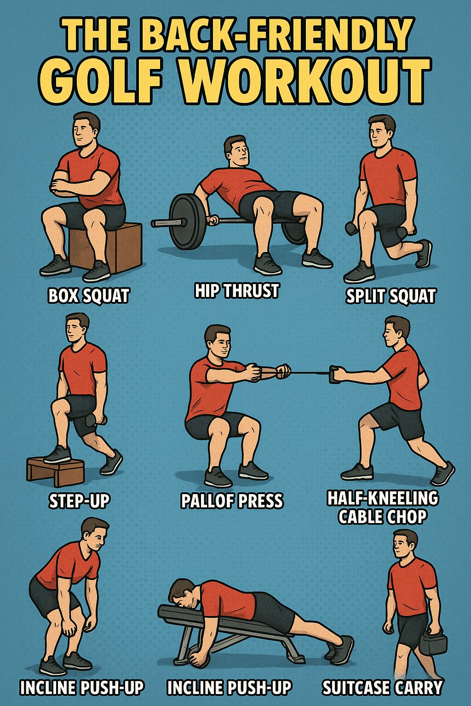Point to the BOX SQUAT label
pos(89,296)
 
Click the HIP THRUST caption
pos(236,290)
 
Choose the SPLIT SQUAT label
pos(390,296)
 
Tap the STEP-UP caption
pos(79,501)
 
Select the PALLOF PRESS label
pos(232,501)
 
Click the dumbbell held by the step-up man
pos(96,421)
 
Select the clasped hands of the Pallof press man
pos(269,372)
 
